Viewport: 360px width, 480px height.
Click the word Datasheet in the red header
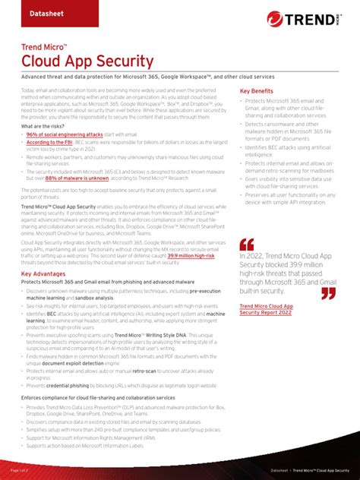click(48, 14)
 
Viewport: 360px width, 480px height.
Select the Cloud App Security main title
click(87, 61)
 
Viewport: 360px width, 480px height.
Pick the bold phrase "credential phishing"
click(73, 385)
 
